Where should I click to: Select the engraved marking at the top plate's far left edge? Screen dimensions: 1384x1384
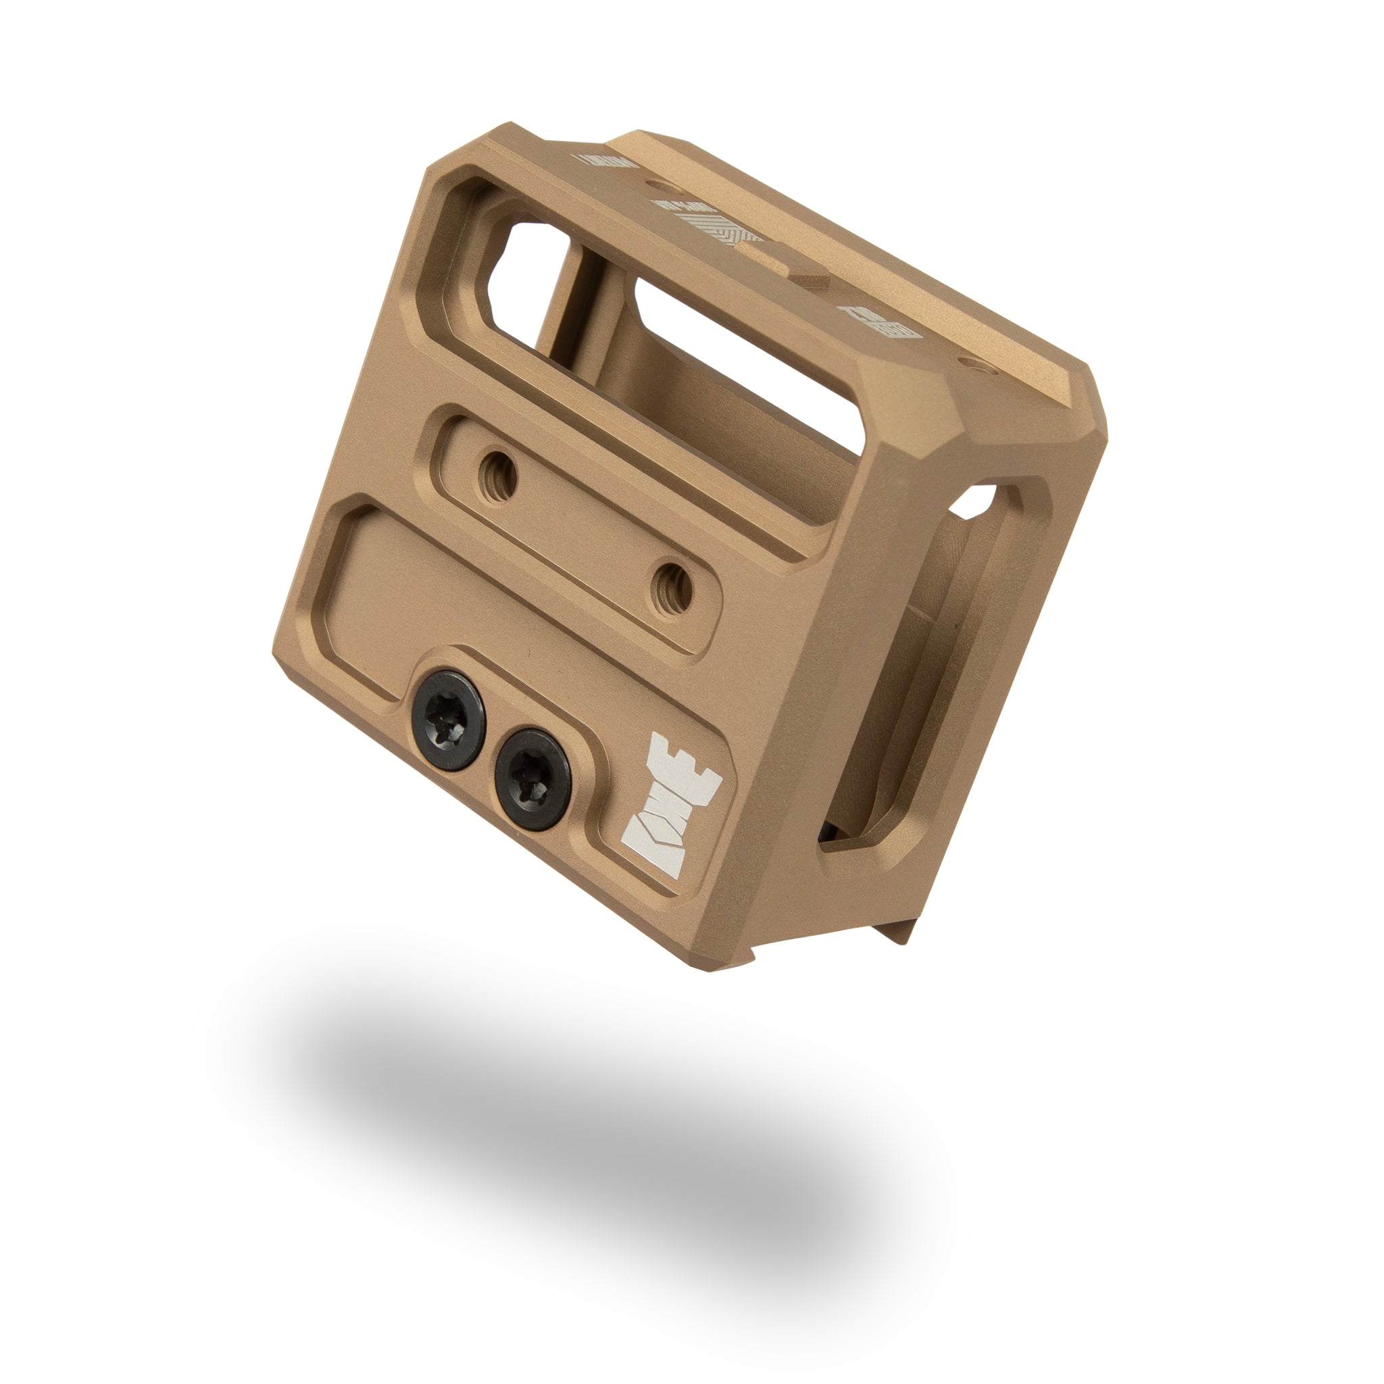coord(605,159)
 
